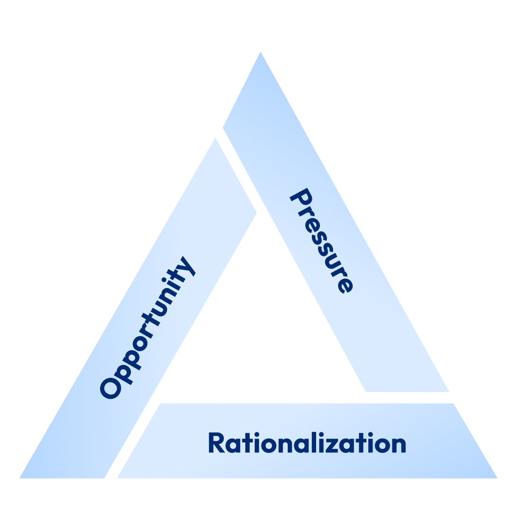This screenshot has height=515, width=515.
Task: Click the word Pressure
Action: click(322, 241)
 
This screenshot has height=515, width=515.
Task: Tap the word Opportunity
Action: click(148, 328)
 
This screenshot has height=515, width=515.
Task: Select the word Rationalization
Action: click(307, 443)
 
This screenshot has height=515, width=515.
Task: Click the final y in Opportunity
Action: click(186, 267)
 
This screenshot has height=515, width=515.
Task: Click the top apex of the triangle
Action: click(260, 53)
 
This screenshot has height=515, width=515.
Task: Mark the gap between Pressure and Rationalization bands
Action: click(408, 397)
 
